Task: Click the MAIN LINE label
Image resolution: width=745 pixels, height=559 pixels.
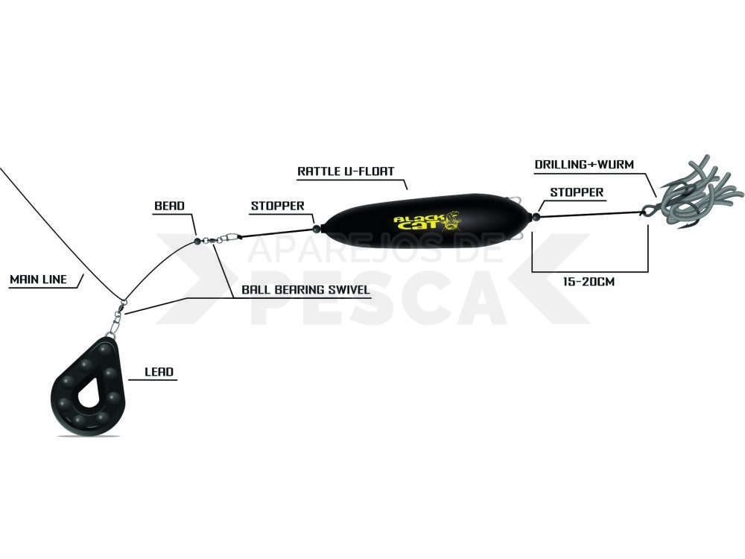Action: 38,279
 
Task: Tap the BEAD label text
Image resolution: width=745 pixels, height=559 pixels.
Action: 169,206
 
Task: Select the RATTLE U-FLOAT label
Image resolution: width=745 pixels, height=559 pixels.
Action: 346,171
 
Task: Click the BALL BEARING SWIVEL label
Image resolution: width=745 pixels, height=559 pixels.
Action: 305,290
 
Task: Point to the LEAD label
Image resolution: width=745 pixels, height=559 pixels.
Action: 159,372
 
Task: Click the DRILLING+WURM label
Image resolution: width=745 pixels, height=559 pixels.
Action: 584,165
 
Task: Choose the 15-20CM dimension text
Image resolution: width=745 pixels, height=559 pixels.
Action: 589,282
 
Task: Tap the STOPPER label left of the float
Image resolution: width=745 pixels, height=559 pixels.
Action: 277,206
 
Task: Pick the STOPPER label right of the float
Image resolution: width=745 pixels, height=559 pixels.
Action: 577,192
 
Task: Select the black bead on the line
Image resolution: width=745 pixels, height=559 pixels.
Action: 197,241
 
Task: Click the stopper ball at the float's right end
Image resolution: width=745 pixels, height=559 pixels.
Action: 536,217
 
